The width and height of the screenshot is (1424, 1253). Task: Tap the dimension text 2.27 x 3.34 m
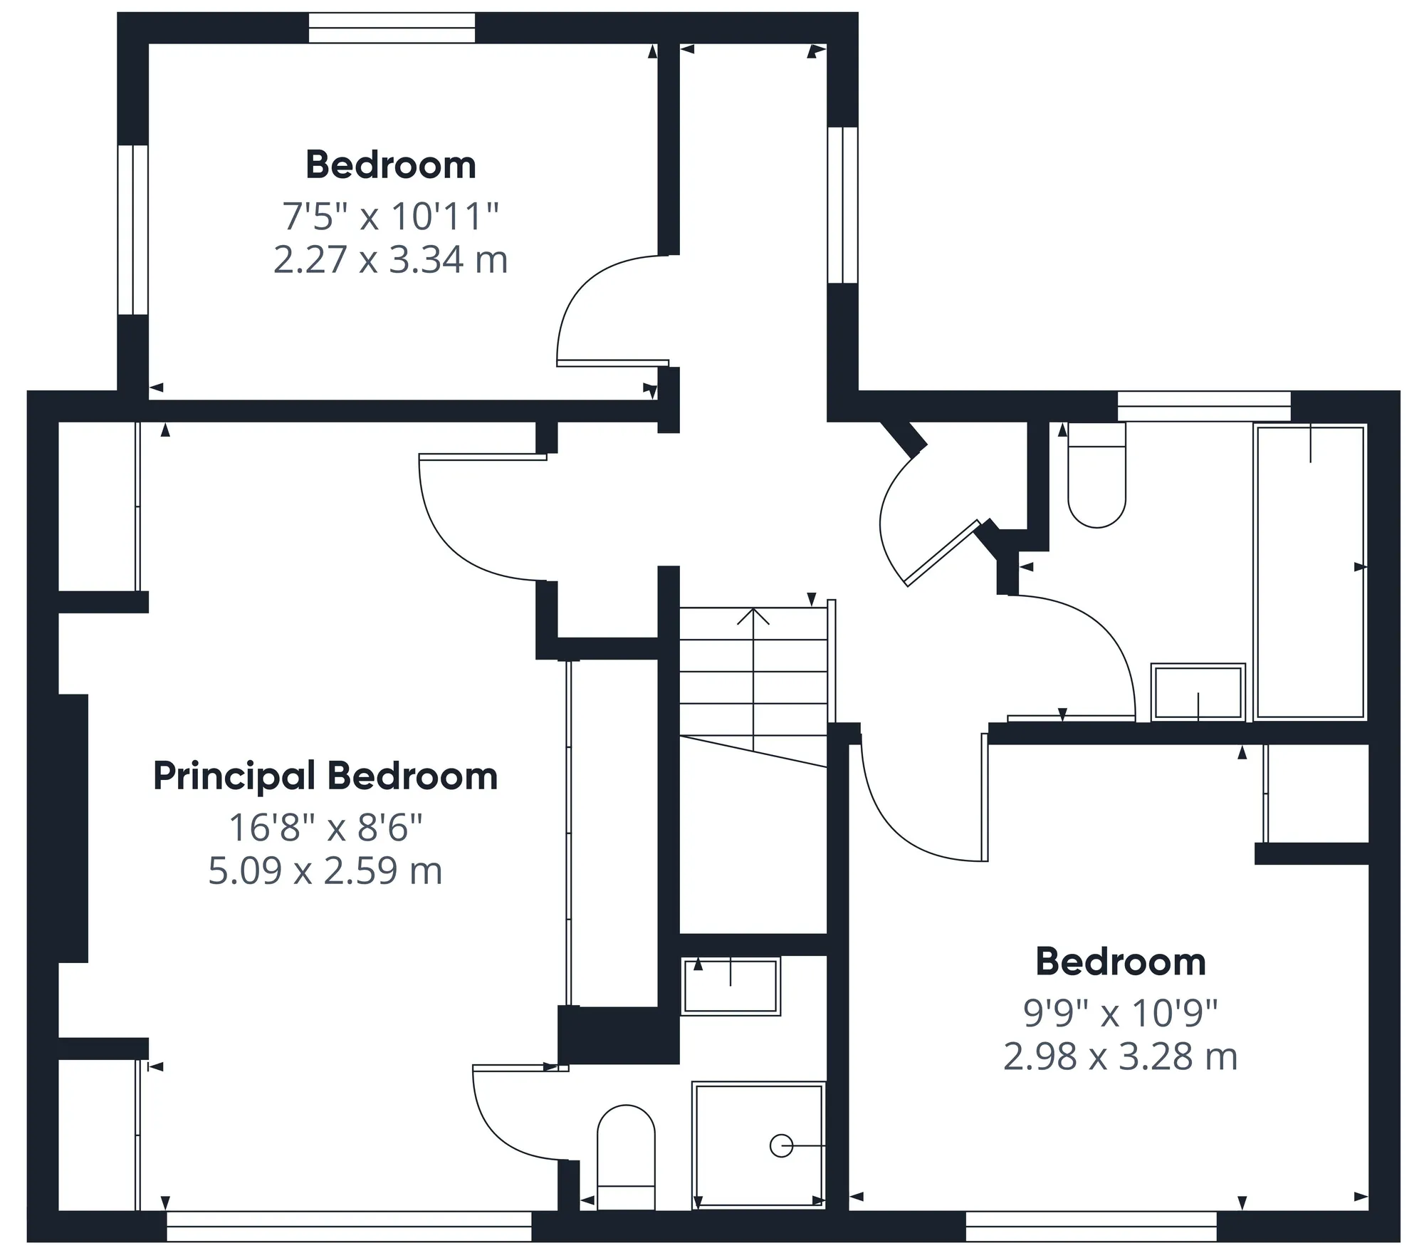tap(390, 260)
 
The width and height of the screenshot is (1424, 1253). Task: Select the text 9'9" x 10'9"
tap(1121, 1013)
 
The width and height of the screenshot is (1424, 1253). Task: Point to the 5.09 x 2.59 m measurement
tap(325, 871)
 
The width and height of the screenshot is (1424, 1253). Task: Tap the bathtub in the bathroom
tap(1310, 571)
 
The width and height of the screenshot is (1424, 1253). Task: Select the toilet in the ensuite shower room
tap(626, 1158)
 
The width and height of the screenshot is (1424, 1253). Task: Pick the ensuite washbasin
tap(731, 987)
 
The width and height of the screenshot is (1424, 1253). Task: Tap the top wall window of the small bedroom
tap(392, 28)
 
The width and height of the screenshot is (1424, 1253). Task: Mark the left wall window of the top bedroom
tap(133, 229)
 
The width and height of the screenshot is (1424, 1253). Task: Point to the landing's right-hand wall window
tap(842, 205)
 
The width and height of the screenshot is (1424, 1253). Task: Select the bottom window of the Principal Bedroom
tap(349, 1226)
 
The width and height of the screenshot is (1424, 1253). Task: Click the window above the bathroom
tap(1204, 406)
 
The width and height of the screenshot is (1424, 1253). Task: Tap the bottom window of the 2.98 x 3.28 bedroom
tap(1091, 1226)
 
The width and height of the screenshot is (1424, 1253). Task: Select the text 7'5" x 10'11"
tap(390, 216)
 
